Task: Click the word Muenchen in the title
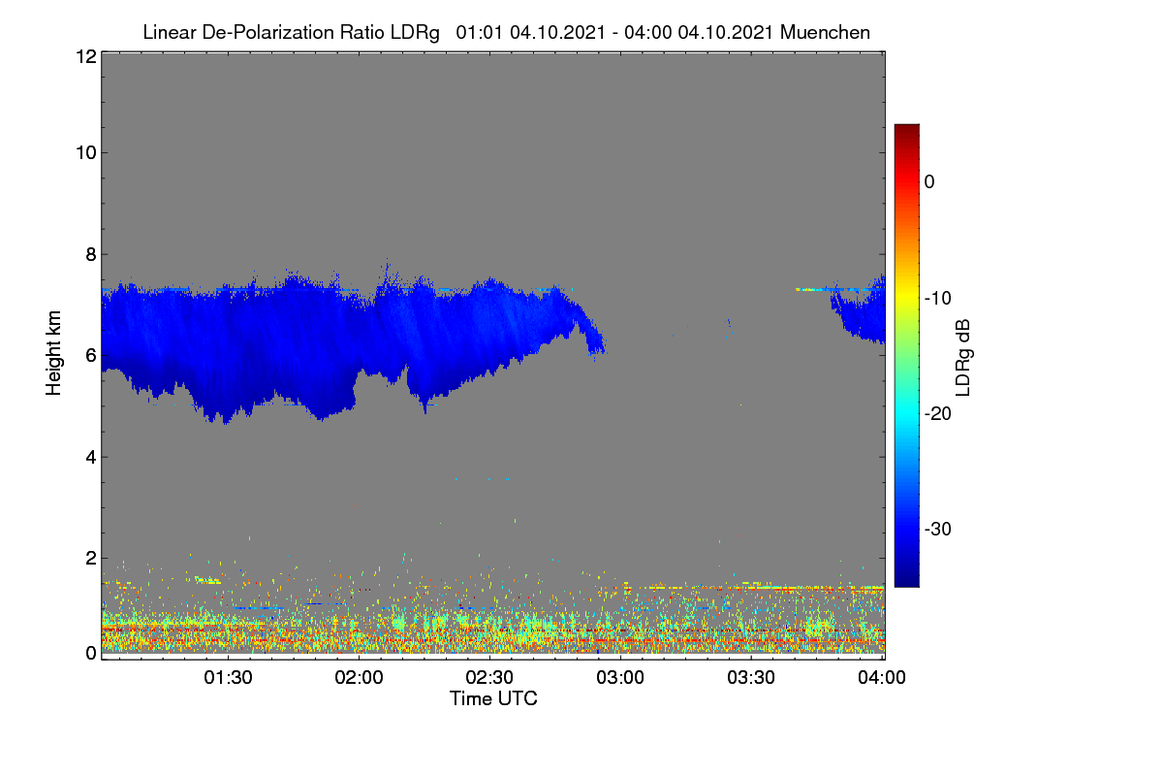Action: coord(825,33)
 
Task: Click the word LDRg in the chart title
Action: coord(415,33)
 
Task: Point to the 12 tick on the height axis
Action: coord(86,56)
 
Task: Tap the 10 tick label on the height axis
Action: coord(86,153)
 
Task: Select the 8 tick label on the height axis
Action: coord(91,255)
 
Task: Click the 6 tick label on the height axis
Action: coord(91,356)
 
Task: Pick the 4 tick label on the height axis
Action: coord(91,458)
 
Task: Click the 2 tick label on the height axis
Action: coord(91,558)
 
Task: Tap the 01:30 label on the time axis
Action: coord(228,677)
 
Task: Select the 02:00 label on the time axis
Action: coord(359,677)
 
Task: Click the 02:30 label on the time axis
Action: coord(489,677)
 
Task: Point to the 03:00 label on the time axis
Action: coord(620,677)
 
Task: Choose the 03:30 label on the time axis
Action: coord(751,677)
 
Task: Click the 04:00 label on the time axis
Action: coord(882,677)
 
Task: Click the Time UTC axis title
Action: coord(493,698)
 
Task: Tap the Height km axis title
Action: coord(53,353)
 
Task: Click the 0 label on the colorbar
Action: coord(929,182)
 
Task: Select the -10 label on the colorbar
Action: coord(938,299)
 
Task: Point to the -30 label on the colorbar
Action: coord(938,529)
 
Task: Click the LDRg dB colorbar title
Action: coord(964,358)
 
